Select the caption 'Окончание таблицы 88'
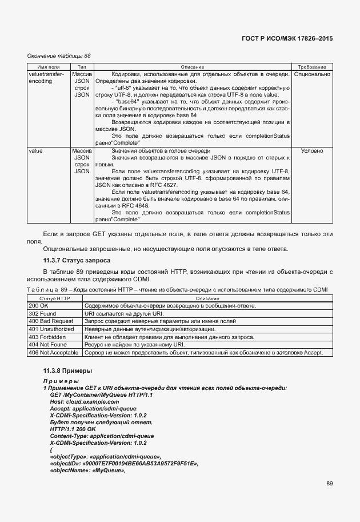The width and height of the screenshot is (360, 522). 59,55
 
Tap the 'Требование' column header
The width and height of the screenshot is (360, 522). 312,67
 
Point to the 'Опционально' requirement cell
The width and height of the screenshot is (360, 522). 312,74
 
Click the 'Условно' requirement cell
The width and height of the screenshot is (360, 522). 312,151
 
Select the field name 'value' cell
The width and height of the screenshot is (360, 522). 35,151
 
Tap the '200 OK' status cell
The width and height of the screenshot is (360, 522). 39,306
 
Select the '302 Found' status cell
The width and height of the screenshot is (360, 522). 42,314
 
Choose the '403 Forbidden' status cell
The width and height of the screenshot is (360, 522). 47,337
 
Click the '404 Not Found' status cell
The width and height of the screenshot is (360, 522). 47,345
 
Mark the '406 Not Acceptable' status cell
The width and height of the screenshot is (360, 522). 53,353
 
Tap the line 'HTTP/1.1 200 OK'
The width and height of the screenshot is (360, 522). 73,429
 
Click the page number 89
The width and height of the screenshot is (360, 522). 330,484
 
